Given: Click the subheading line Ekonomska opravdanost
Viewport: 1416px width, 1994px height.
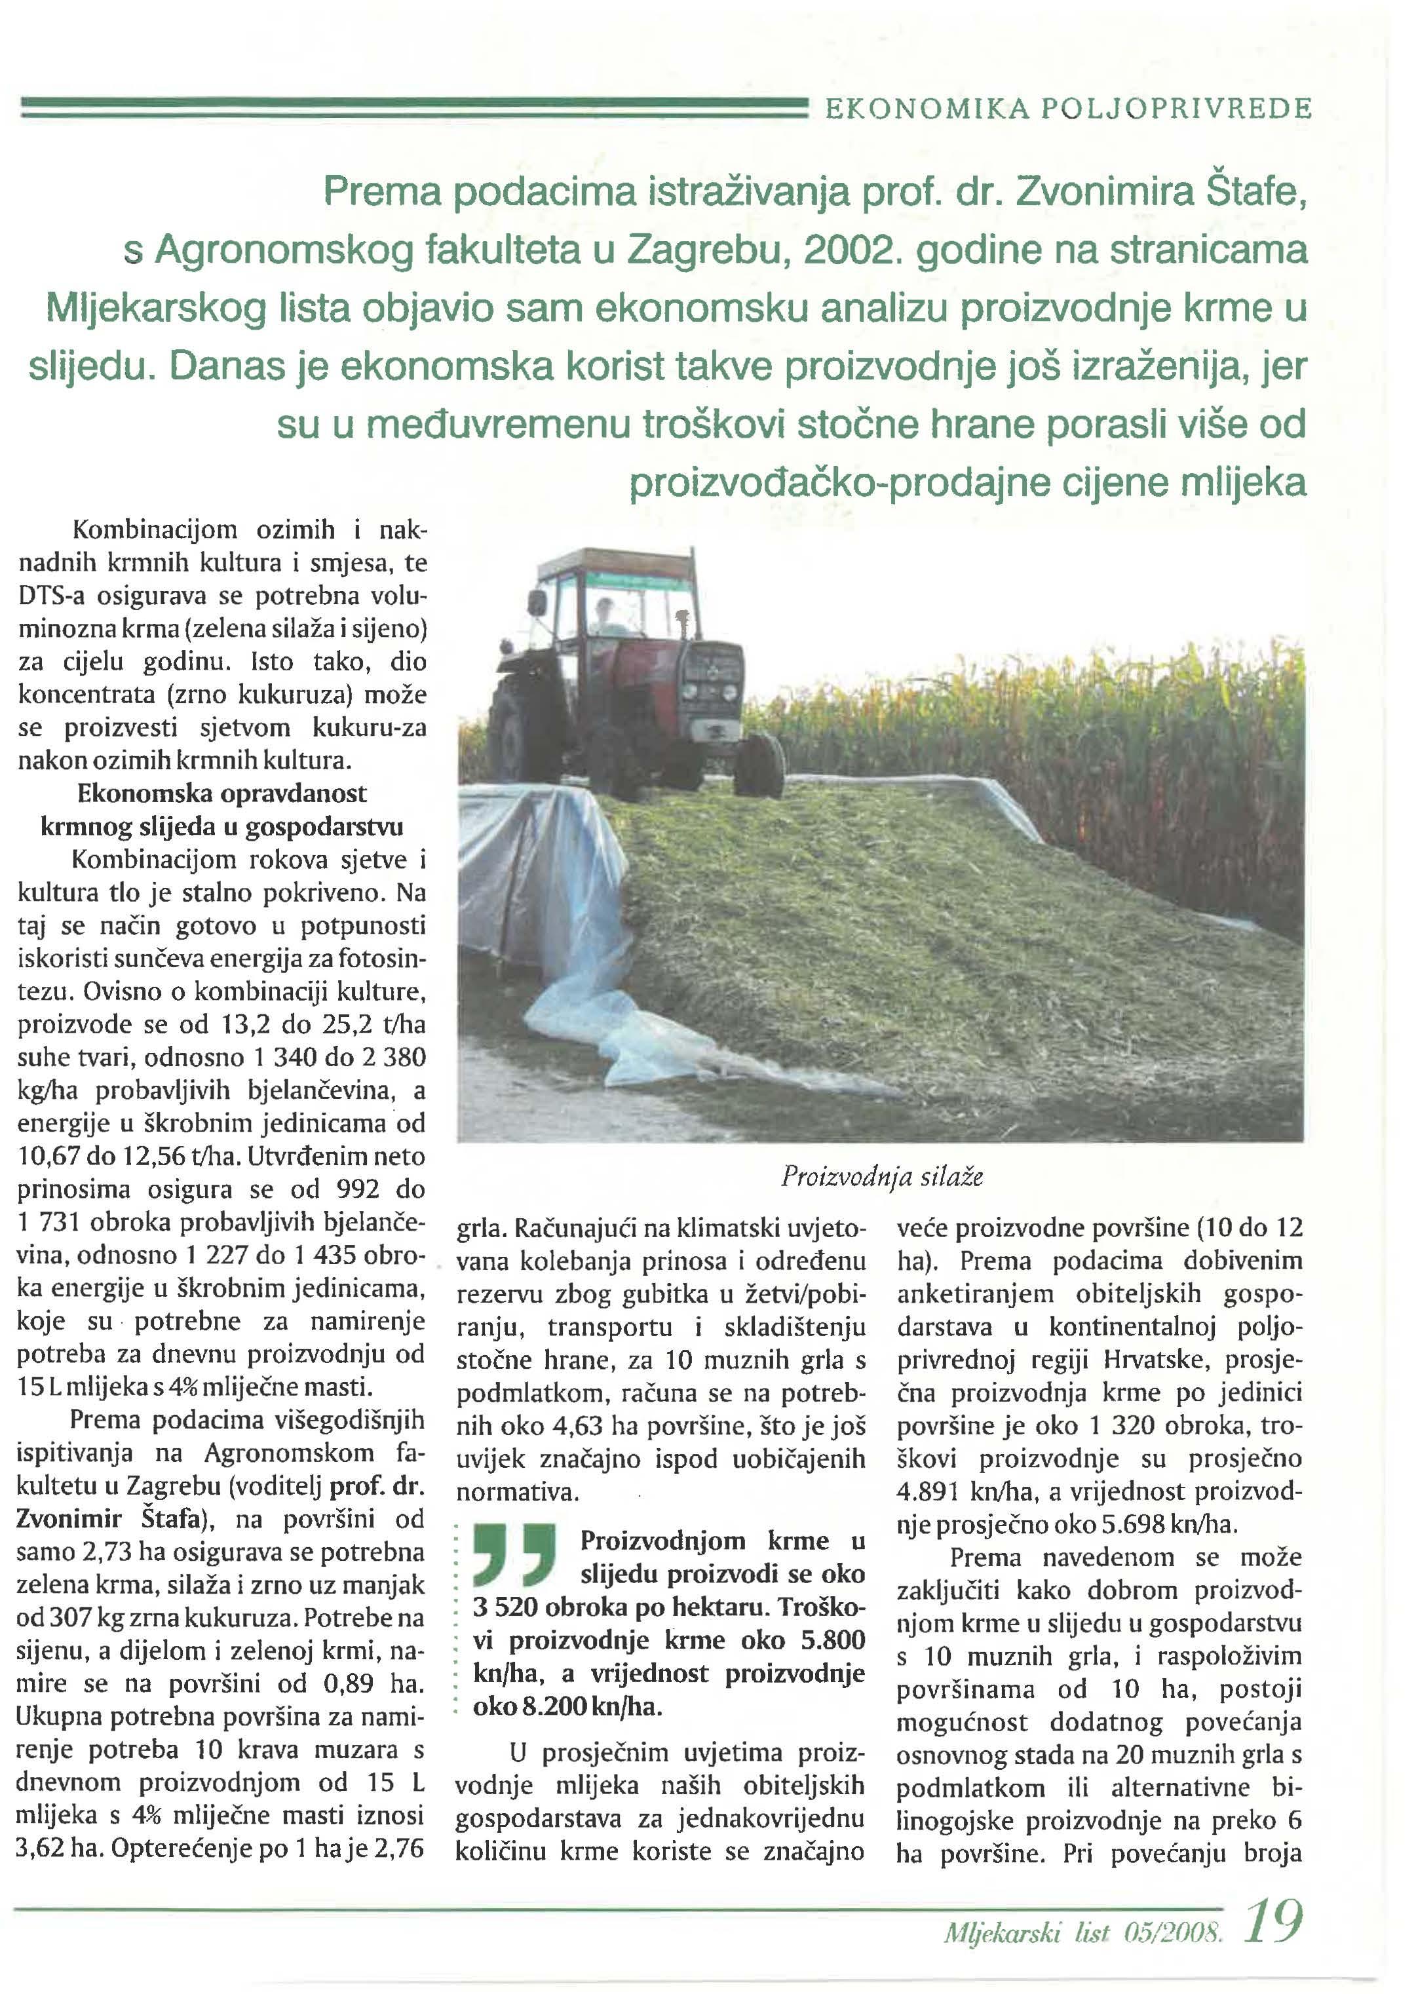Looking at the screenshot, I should click(221, 794).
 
